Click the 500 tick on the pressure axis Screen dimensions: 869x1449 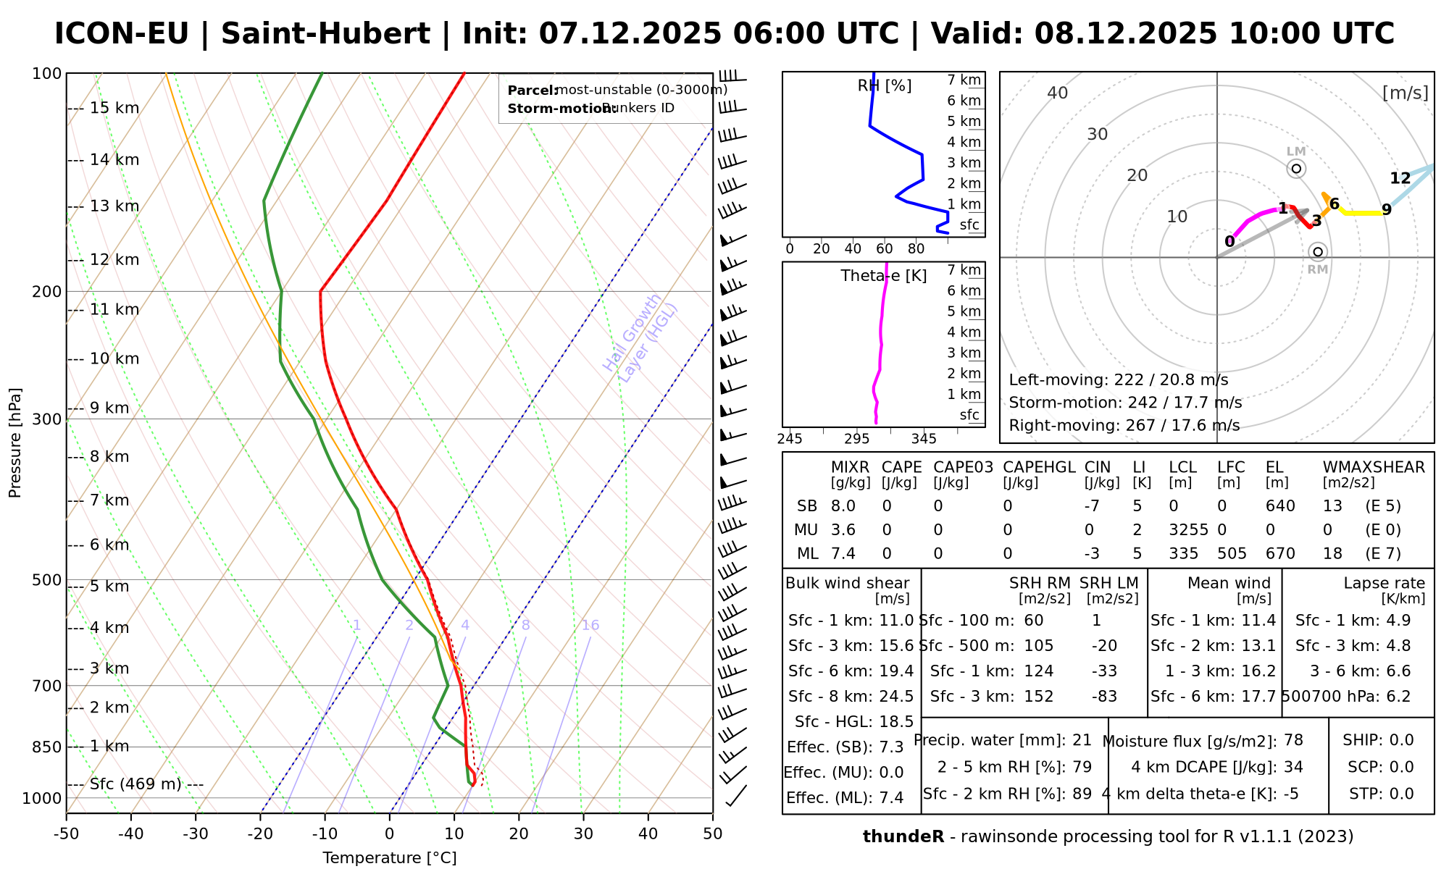pos(47,580)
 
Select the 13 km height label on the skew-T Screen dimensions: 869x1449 pos(114,206)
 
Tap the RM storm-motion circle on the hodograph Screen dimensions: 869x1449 pos(1318,252)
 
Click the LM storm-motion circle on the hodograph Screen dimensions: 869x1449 pos(1296,169)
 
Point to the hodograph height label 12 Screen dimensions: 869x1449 pos(1400,178)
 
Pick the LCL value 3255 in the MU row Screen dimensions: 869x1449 pos(1188,530)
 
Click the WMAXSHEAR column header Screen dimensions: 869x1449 pos(1374,467)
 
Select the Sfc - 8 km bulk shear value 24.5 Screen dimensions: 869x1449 pos(896,697)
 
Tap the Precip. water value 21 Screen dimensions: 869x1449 pos(1082,740)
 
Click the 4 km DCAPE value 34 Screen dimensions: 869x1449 pos(1293,767)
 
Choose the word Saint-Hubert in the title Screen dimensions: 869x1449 pos(325,34)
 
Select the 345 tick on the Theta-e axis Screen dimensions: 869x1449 pos(924,439)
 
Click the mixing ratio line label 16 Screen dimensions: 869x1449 pos(590,626)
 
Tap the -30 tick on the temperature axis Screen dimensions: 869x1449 pos(196,834)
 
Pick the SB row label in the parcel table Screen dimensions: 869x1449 pos(807,506)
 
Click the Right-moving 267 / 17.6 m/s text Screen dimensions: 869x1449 pos(1124,425)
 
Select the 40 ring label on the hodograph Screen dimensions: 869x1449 pos(1058,93)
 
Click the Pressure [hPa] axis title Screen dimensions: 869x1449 pos(15,442)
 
